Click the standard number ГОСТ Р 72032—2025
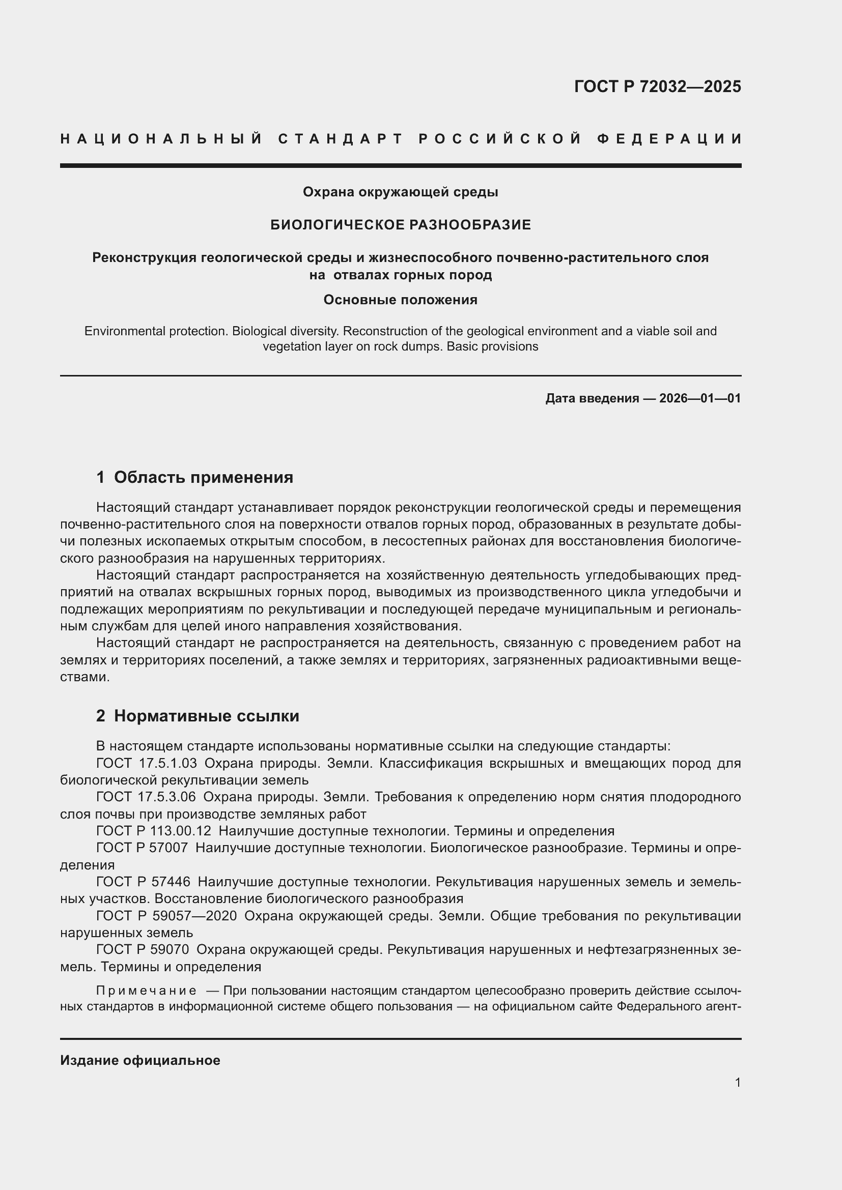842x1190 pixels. (x=657, y=86)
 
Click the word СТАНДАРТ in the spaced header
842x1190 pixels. (x=341, y=139)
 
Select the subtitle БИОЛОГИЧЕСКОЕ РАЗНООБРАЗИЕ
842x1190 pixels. (x=400, y=225)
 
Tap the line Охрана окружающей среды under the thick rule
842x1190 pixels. (x=400, y=192)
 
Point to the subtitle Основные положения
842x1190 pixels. (x=400, y=300)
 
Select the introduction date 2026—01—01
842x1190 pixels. (x=699, y=398)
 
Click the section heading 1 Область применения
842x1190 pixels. (x=195, y=477)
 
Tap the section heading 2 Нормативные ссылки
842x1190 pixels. (x=198, y=716)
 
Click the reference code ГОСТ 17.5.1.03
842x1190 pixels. (x=147, y=764)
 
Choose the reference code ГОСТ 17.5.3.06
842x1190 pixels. (x=146, y=797)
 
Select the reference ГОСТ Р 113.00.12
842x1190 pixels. (x=154, y=831)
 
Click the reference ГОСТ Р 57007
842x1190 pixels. (x=142, y=849)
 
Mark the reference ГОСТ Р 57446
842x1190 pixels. (x=143, y=882)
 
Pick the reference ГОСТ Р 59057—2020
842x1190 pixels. (x=166, y=916)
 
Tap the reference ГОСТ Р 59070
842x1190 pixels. (x=143, y=949)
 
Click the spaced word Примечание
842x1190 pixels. (x=146, y=991)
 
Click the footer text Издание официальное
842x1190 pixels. (x=140, y=1060)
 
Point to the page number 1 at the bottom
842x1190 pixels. (x=737, y=1083)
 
